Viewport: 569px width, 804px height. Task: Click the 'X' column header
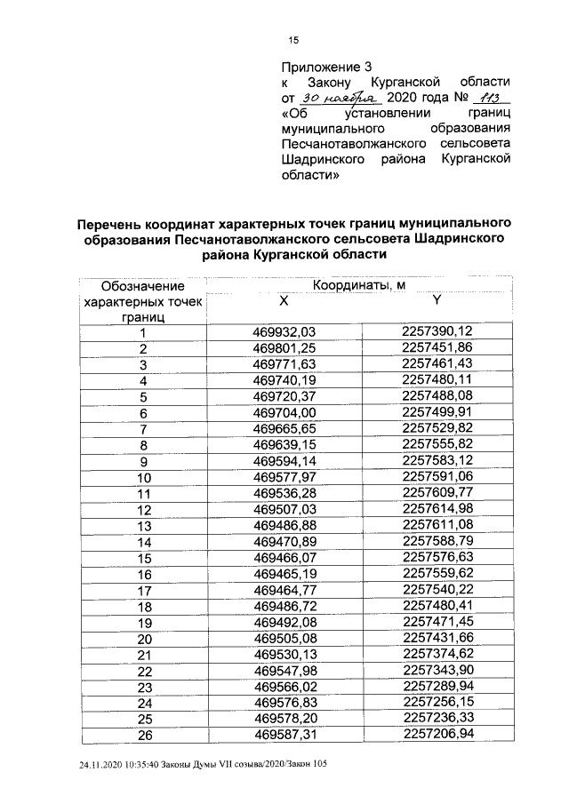click(x=284, y=301)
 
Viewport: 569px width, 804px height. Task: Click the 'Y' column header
click(x=437, y=301)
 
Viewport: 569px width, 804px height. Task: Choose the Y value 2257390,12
click(x=437, y=332)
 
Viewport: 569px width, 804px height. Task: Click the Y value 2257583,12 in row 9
click(x=437, y=461)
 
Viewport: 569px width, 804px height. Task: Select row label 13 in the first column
click(x=142, y=526)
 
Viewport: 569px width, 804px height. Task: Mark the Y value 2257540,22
click(x=437, y=590)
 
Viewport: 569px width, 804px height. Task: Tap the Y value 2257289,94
click(x=437, y=687)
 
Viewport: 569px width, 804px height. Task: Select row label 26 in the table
click(x=142, y=736)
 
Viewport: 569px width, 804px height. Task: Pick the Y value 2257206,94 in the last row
click(x=437, y=735)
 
